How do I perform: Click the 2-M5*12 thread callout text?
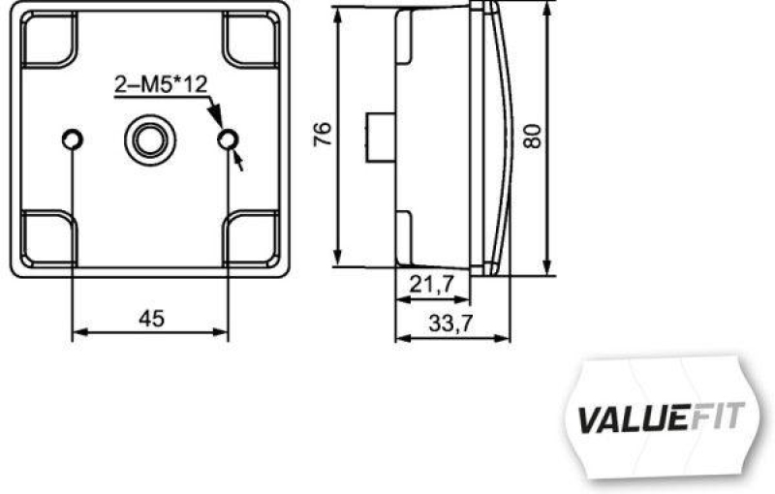point(160,85)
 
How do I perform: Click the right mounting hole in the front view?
point(228,141)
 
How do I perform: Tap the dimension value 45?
point(151,318)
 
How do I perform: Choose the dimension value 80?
point(531,134)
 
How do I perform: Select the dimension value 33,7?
point(450,324)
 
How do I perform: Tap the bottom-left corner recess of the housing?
point(47,236)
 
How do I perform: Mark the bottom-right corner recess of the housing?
point(252,236)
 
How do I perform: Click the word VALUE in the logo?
point(619,418)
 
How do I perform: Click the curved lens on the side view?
point(496,136)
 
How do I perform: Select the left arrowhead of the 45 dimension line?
point(80,332)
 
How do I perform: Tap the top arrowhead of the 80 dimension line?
point(547,10)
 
